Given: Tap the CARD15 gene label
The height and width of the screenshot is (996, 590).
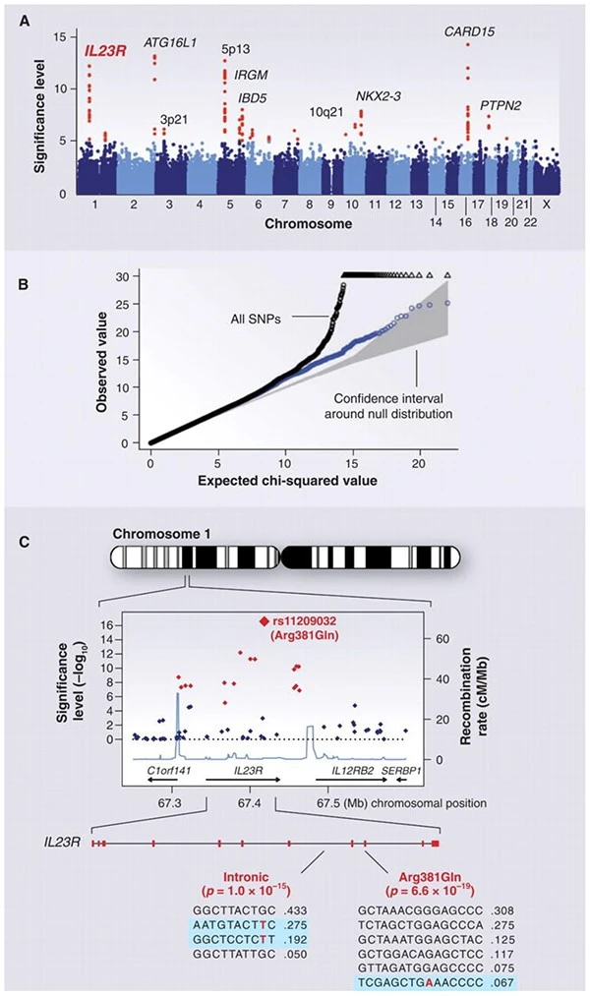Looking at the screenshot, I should coord(468,32).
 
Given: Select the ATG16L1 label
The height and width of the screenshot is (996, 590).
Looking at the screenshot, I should coord(170,42).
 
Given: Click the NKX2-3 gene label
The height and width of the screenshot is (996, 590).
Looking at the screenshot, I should coord(378,95).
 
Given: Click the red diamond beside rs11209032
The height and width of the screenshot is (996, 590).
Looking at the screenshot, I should coord(264,620).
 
